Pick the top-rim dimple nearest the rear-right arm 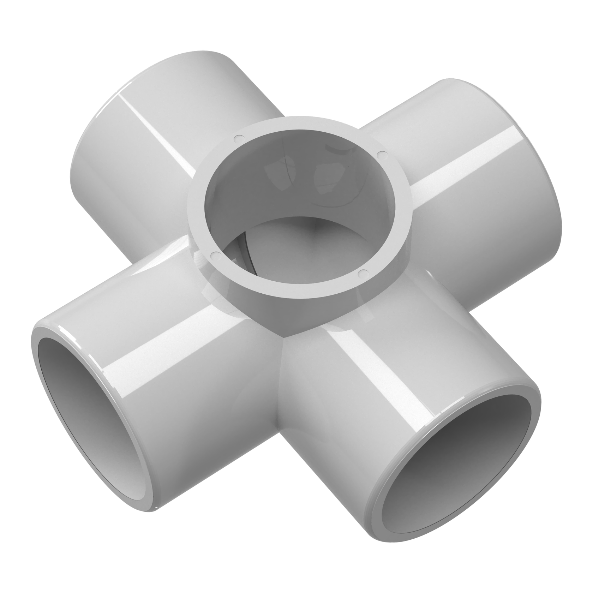coord(380,154)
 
